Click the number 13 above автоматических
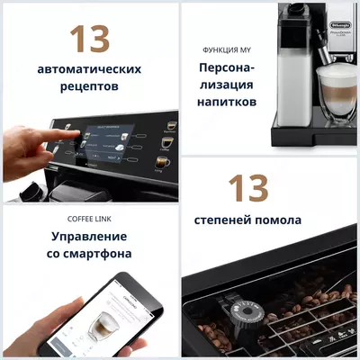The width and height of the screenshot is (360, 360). pyautogui.click(x=90, y=39)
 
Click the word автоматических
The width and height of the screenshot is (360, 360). pyautogui.click(x=90, y=68)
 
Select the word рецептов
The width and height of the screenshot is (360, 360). pyautogui.click(x=90, y=88)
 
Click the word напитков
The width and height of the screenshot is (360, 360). pyautogui.click(x=227, y=103)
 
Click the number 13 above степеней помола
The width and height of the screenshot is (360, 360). pyautogui.click(x=247, y=188)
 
